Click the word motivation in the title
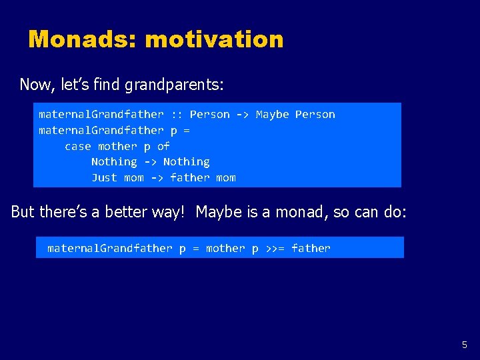point(214,39)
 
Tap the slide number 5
point(465,345)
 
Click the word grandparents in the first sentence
point(177,85)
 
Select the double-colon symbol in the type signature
point(177,115)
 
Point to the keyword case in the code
point(78,146)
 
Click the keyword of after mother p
point(163,146)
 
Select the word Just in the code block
point(104,177)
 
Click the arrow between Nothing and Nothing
point(150,162)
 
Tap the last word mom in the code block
point(226,177)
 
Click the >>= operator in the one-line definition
point(275,249)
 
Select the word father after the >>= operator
point(311,249)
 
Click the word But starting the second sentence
point(23,212)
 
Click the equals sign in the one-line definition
point(196,249)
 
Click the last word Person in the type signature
point(315,115)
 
